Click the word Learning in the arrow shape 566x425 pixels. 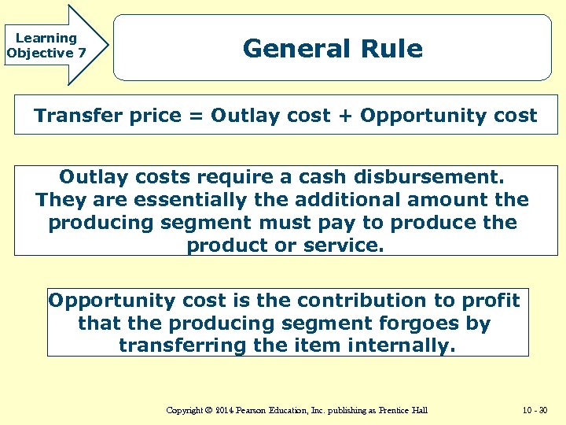[46, 38]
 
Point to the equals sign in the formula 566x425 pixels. [195, 116]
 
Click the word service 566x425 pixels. [343, 246]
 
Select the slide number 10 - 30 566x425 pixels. [536, 410]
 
